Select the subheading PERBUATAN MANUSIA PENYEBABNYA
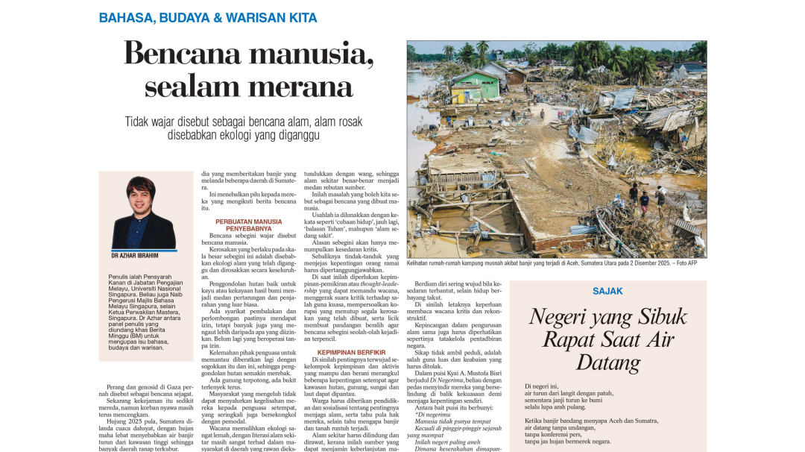[249, 225]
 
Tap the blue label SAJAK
[607, 291]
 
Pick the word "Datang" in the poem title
[607, 363]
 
